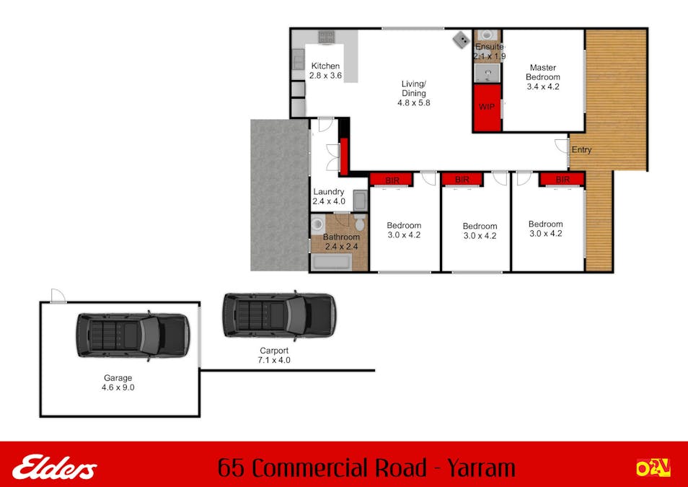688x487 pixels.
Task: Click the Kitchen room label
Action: [x=325, y=66]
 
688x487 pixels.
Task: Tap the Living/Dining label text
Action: [x=413, y=88]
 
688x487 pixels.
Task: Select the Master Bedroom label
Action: [x=542, y=72]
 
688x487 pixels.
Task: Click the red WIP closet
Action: [x=487, y=108]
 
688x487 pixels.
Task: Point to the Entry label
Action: [x=581, y=150]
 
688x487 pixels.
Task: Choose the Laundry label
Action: [x=328, y=192]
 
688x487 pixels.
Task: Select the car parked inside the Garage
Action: [x=133, y=335]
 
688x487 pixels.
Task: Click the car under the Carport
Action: [x=278, y=315]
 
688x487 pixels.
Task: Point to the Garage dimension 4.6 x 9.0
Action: [x=118, y=387]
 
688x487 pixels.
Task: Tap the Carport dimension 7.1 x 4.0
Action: [x=274, y=360]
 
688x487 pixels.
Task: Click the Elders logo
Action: [x=54, y=468]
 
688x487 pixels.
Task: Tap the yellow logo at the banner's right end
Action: [x=653, y=468]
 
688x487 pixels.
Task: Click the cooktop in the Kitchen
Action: [x=327, y=36]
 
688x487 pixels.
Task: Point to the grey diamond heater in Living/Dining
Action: [x=460, y=39]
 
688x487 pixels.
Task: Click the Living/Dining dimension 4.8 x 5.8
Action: [x=413, y=103]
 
